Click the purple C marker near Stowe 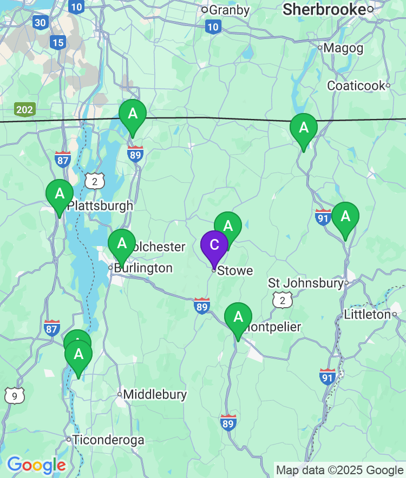click(214, 245)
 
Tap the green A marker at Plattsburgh click(60, 194)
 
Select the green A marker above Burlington click(122, 243)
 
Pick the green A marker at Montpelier click(238, 317)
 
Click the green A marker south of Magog click(304, 128)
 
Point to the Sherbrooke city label click(324, 9)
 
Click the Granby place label click(229, 10)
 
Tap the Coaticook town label click(356, 85)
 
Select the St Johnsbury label click(306, 283)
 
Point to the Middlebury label click(155, 395)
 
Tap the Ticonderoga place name click(108, 440)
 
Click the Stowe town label click(235, 270)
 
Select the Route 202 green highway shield click(24, 110)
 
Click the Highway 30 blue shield click(40, 22)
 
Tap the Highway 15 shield click(57, 42)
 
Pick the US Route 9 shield click(14, 396)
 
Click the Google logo click(36, 464)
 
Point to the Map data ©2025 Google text click(340, 470)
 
